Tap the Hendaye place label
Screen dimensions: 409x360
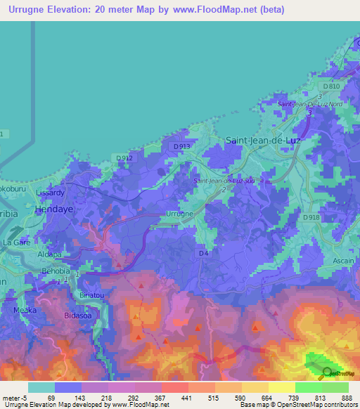(x=51, y=209)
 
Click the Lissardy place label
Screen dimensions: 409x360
(x=50, y=192)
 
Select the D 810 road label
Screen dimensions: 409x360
(x=333, y=86)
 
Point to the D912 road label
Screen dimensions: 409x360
(x=124, y=158)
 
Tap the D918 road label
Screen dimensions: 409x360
(x=312, y=218)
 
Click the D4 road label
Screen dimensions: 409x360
(x=203, y=252)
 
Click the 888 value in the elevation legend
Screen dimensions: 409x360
(x=347, y=397)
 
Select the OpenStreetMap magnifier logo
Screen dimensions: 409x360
(x=326, y=374)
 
